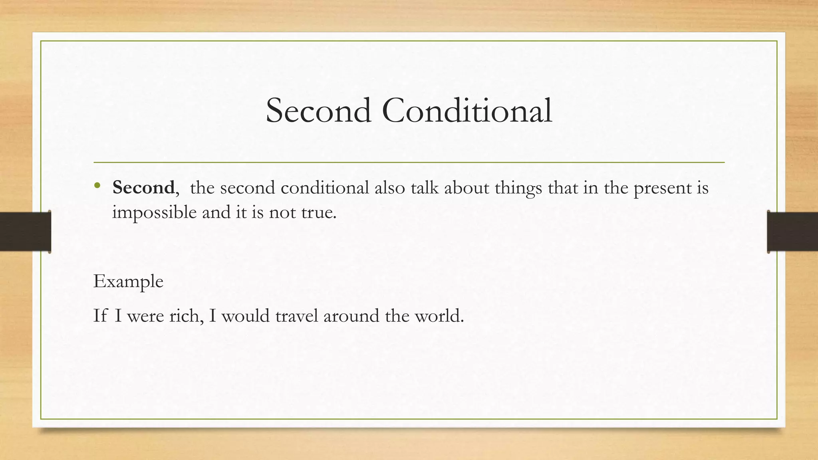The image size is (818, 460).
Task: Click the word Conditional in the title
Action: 467,111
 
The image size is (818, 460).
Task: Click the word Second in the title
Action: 318,111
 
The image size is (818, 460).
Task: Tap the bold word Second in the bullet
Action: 143,187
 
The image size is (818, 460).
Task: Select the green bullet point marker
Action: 97,186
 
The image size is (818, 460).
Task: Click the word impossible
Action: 155,212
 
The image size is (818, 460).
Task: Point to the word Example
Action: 128,282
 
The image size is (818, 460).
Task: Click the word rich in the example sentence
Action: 184,316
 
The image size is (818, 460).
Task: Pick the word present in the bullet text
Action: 662,188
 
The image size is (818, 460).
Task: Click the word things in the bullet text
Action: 518,188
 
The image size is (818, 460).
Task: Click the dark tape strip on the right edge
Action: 792,232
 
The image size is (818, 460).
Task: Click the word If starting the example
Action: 100,316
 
